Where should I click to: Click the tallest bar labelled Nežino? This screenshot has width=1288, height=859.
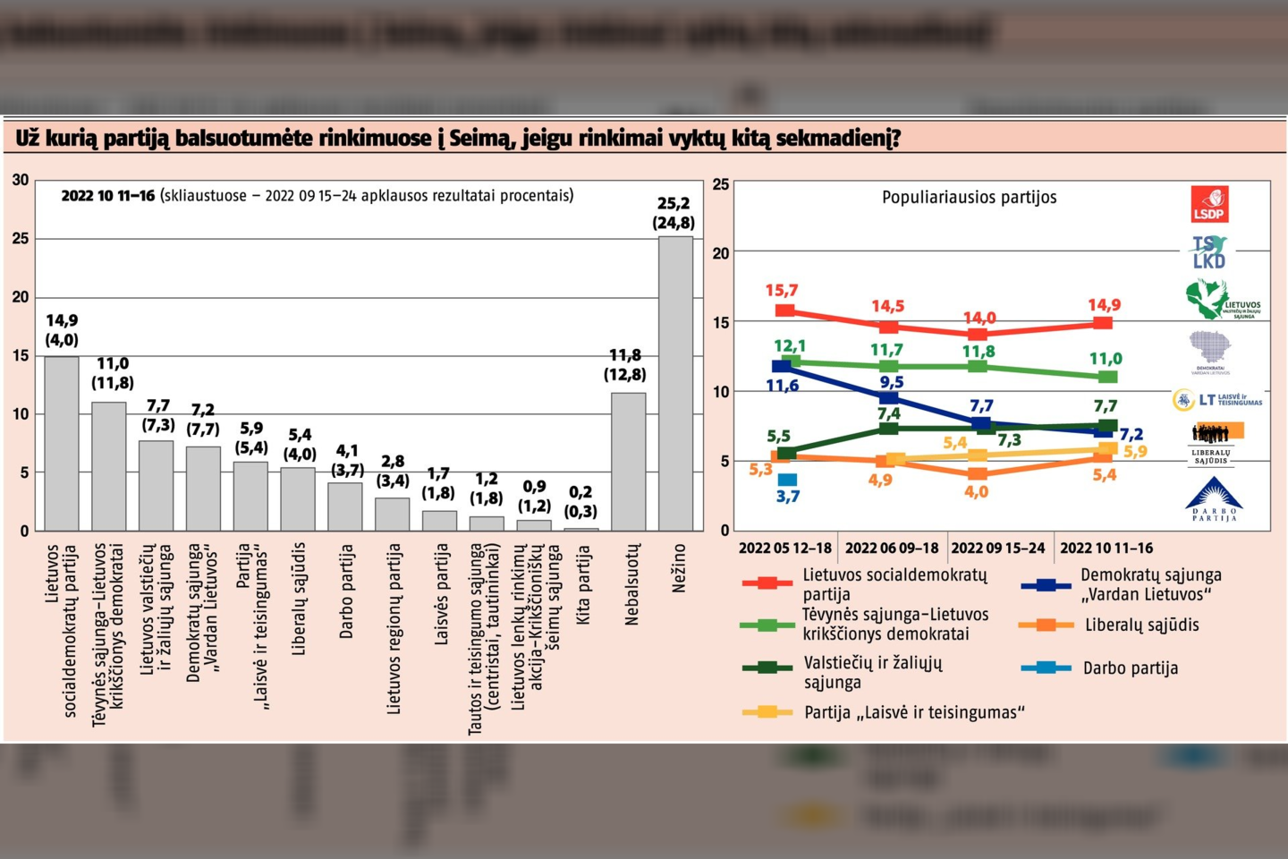pyautogui.click(x=675, y=385)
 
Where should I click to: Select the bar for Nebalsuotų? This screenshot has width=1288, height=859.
pyautogui.click(x=628, y=462)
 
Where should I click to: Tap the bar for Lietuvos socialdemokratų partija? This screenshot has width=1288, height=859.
pyautogui.click(x=62, y=444)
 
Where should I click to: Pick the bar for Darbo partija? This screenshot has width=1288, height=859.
pyautogui.click(x=345, y=507)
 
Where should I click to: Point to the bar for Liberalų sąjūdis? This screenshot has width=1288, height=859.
pyautogui.click(x=298, y=499)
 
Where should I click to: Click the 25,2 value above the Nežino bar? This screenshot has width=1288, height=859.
pyautogui.click(x=674, y=204)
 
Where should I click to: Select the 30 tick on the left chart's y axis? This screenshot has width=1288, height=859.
pyautogui.click(x=21, y=180)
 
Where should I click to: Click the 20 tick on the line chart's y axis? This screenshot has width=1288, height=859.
pyautogui.click(x=721, y=253)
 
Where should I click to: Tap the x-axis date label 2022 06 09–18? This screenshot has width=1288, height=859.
pyautogui.click(x=892, y=548)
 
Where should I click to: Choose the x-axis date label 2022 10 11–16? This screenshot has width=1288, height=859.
pyautogui.click(x=1106, y=548)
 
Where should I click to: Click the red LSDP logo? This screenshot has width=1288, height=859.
pyautogui.click(x=1209, y=204)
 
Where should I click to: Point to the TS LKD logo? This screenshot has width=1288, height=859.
pyautogui.click(x=1209, y=252)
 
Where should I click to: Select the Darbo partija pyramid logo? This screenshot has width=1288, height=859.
pyautogui.click(x=1214, y=499)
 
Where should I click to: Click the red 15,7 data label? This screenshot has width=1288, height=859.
pyautogui.click(x=781, y=291)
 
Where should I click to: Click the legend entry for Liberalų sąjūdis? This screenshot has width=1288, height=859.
pyautogui.click(x=1141, y=625)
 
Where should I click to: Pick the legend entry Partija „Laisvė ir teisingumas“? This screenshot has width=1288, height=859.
pyautogui.click(x=913, y=712)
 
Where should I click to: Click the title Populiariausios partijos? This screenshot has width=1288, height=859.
pyautogui.click(x=969, y=198)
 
